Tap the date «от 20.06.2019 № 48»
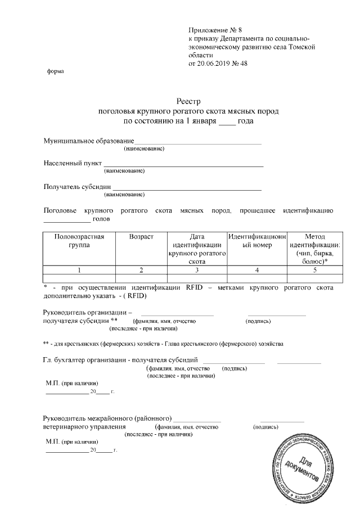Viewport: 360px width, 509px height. tap(218, 64)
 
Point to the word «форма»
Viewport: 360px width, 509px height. tap(55, 71)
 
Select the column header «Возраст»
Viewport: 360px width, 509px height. tap(141, 237)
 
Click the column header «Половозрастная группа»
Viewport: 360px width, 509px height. tap(79, 241)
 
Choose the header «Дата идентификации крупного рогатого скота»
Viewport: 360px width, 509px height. tap(197, 249)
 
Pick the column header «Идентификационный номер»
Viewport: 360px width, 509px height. tap(257, 241)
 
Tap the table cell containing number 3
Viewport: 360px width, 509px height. tap(197, 270)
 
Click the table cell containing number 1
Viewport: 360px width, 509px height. tap(79, 270)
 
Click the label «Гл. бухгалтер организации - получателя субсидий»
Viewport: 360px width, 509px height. tap(120, 359)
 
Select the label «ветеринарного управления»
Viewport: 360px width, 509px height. tap(84, 427)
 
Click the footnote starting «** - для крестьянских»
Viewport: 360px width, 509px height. tap(163, 343)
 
